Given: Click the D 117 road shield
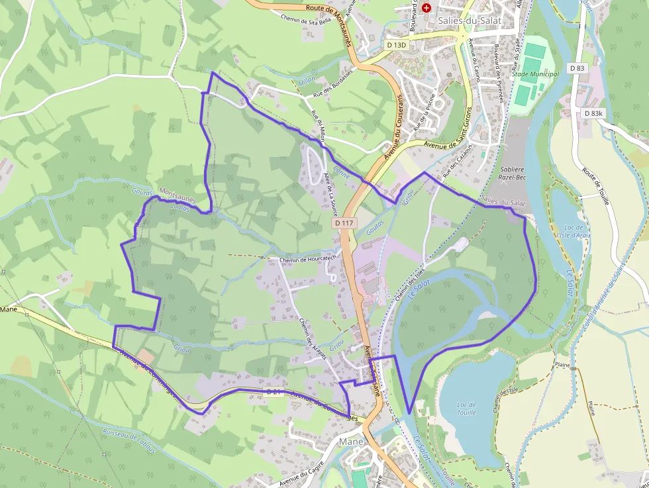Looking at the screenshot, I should click(343, 223).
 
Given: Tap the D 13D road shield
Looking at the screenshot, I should click(395, 45).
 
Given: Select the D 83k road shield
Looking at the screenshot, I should click(594, 114).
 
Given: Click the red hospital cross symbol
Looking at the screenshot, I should click(426, 7).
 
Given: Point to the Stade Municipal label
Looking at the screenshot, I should click(535, 73).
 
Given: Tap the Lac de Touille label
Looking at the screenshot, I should click(466, 408).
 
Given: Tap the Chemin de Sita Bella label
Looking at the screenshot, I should click(305, 21).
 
